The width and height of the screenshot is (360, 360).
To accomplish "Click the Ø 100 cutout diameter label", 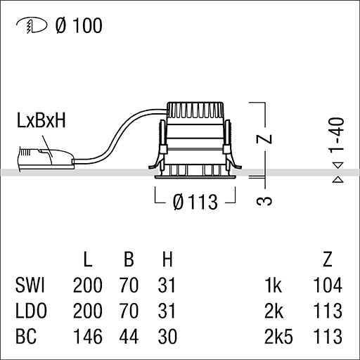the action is coord(79,25).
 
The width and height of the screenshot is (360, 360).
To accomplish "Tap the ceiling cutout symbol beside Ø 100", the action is coord(32,25).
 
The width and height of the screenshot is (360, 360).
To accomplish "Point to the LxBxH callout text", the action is coord(41,120).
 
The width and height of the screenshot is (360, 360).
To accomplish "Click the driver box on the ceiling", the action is coord(46,158).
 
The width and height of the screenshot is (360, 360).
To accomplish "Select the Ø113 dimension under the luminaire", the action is coord(195,202).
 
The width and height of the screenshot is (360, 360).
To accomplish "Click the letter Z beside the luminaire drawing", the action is coord(264,139).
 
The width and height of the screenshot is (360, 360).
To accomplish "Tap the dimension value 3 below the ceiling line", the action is coord(264,201).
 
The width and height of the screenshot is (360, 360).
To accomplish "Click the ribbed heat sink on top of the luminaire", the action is coord(195,110).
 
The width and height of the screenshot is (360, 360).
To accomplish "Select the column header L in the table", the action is coord(88,259).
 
